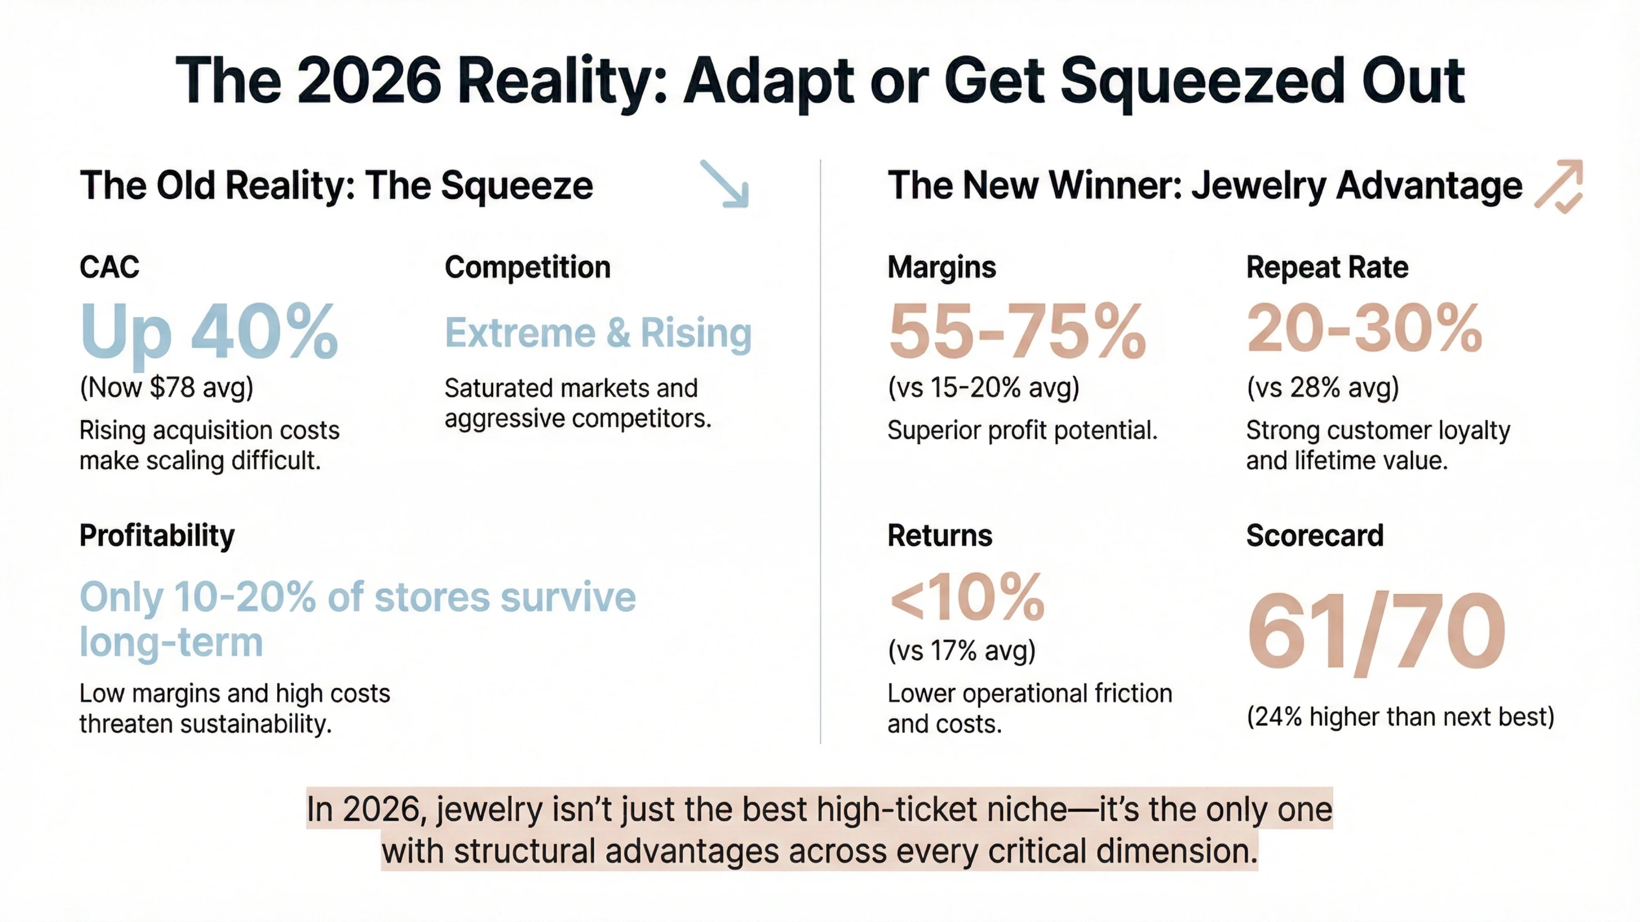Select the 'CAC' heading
click(x=109, y=267)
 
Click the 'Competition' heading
click(x=527, y=267)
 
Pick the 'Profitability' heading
click(x=157, y=535)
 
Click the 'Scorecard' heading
click(x=1315, y=535)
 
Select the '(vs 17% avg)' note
click(x=961, y=650)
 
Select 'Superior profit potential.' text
click(x=1022, y=430)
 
